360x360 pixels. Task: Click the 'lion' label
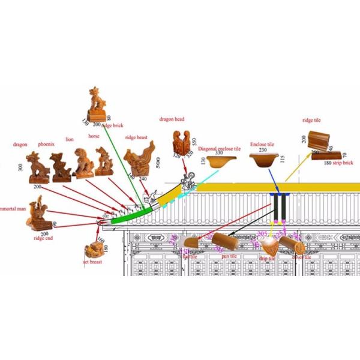tap(70, 139)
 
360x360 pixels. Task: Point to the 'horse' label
tap(94, 136)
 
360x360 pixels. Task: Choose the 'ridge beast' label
tap(136, 137)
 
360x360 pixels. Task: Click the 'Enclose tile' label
tap(262, 145)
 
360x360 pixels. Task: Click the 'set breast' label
tap(94, 262)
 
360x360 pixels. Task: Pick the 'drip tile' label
tap(268, 258)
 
